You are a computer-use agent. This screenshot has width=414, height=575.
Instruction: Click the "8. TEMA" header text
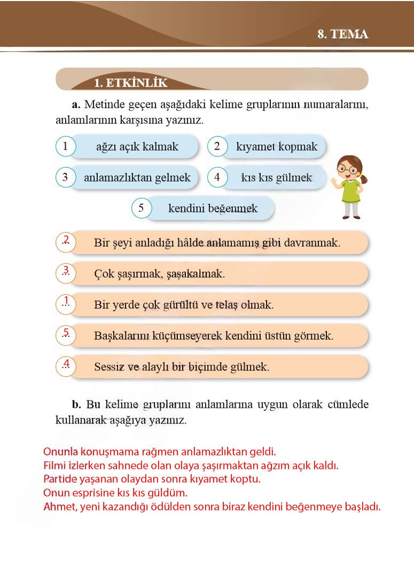pyautogui.click(x=342, y=34)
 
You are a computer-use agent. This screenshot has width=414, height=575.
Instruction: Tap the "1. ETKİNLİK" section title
pyautogui.click(x=130, y=83)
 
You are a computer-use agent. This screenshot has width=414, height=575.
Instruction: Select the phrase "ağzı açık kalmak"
pyautogui.click(x=137, y=146)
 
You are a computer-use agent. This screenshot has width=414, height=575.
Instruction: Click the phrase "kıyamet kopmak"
pyautogui.click(x=276, y=146)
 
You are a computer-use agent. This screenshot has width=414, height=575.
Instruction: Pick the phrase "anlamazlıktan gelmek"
pyautogui.click(x=137, y=178)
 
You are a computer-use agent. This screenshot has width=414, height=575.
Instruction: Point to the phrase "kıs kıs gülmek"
pyautogui.click(x=276, y=178)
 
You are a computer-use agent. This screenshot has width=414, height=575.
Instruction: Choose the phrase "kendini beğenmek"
pyautogui.click(x=213, y=208)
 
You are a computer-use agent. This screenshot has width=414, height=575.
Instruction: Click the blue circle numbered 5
pyautogui.click(x=141, y=208)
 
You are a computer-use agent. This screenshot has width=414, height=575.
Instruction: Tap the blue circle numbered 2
pyautogui.click(x=217, y=146)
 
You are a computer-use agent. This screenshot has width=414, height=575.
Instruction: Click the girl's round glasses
pyautogui.click(x=349, y=169)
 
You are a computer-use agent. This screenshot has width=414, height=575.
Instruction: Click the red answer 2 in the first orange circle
pyautogui.click(x=66, y=240)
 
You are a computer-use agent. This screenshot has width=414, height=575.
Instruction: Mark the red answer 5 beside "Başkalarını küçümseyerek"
pyautogui.click(x=66, y=333)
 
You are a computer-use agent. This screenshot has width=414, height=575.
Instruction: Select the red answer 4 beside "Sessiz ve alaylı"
pyautogui.click(x=66, y=364)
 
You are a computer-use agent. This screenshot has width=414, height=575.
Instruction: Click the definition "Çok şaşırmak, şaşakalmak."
pyautogui.click(x=159, y=274)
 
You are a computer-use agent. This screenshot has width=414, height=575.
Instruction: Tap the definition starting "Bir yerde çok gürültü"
pyautogui.click(x=183, y=305)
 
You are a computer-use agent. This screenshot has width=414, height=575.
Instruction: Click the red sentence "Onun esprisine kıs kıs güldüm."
pyautogui.click(x=115, y=493)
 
